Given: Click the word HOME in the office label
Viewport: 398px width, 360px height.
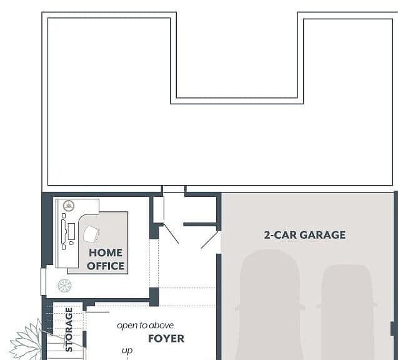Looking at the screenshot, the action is [106, 252].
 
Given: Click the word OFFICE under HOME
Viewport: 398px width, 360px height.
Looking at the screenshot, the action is [106, 266].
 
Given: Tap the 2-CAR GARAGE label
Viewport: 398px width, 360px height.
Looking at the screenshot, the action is [305, 235].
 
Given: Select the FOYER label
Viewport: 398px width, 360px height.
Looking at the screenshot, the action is [166, 338].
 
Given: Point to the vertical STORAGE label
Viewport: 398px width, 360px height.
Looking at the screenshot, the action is [69, 329].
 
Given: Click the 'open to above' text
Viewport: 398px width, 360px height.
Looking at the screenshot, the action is [146, 326].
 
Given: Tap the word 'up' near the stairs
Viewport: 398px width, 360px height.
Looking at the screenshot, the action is [127, 351].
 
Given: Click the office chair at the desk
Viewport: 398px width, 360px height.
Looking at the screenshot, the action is [91, 234].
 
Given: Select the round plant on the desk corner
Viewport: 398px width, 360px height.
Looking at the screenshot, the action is [69, 206].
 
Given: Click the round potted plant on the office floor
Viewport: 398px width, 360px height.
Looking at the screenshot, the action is [64, 286].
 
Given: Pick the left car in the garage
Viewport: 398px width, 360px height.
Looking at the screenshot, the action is [269, 304].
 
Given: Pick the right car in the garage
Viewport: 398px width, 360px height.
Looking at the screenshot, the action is [347, 312].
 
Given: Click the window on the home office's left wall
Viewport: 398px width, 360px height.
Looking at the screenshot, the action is [43, 281].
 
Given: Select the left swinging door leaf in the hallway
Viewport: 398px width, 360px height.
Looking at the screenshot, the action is [171, 234].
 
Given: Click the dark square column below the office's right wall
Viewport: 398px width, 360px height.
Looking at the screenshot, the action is [154, 297].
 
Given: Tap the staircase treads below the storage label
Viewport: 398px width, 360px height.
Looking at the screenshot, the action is [65, 348].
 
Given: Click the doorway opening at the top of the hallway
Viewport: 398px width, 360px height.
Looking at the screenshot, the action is [173, 189].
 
